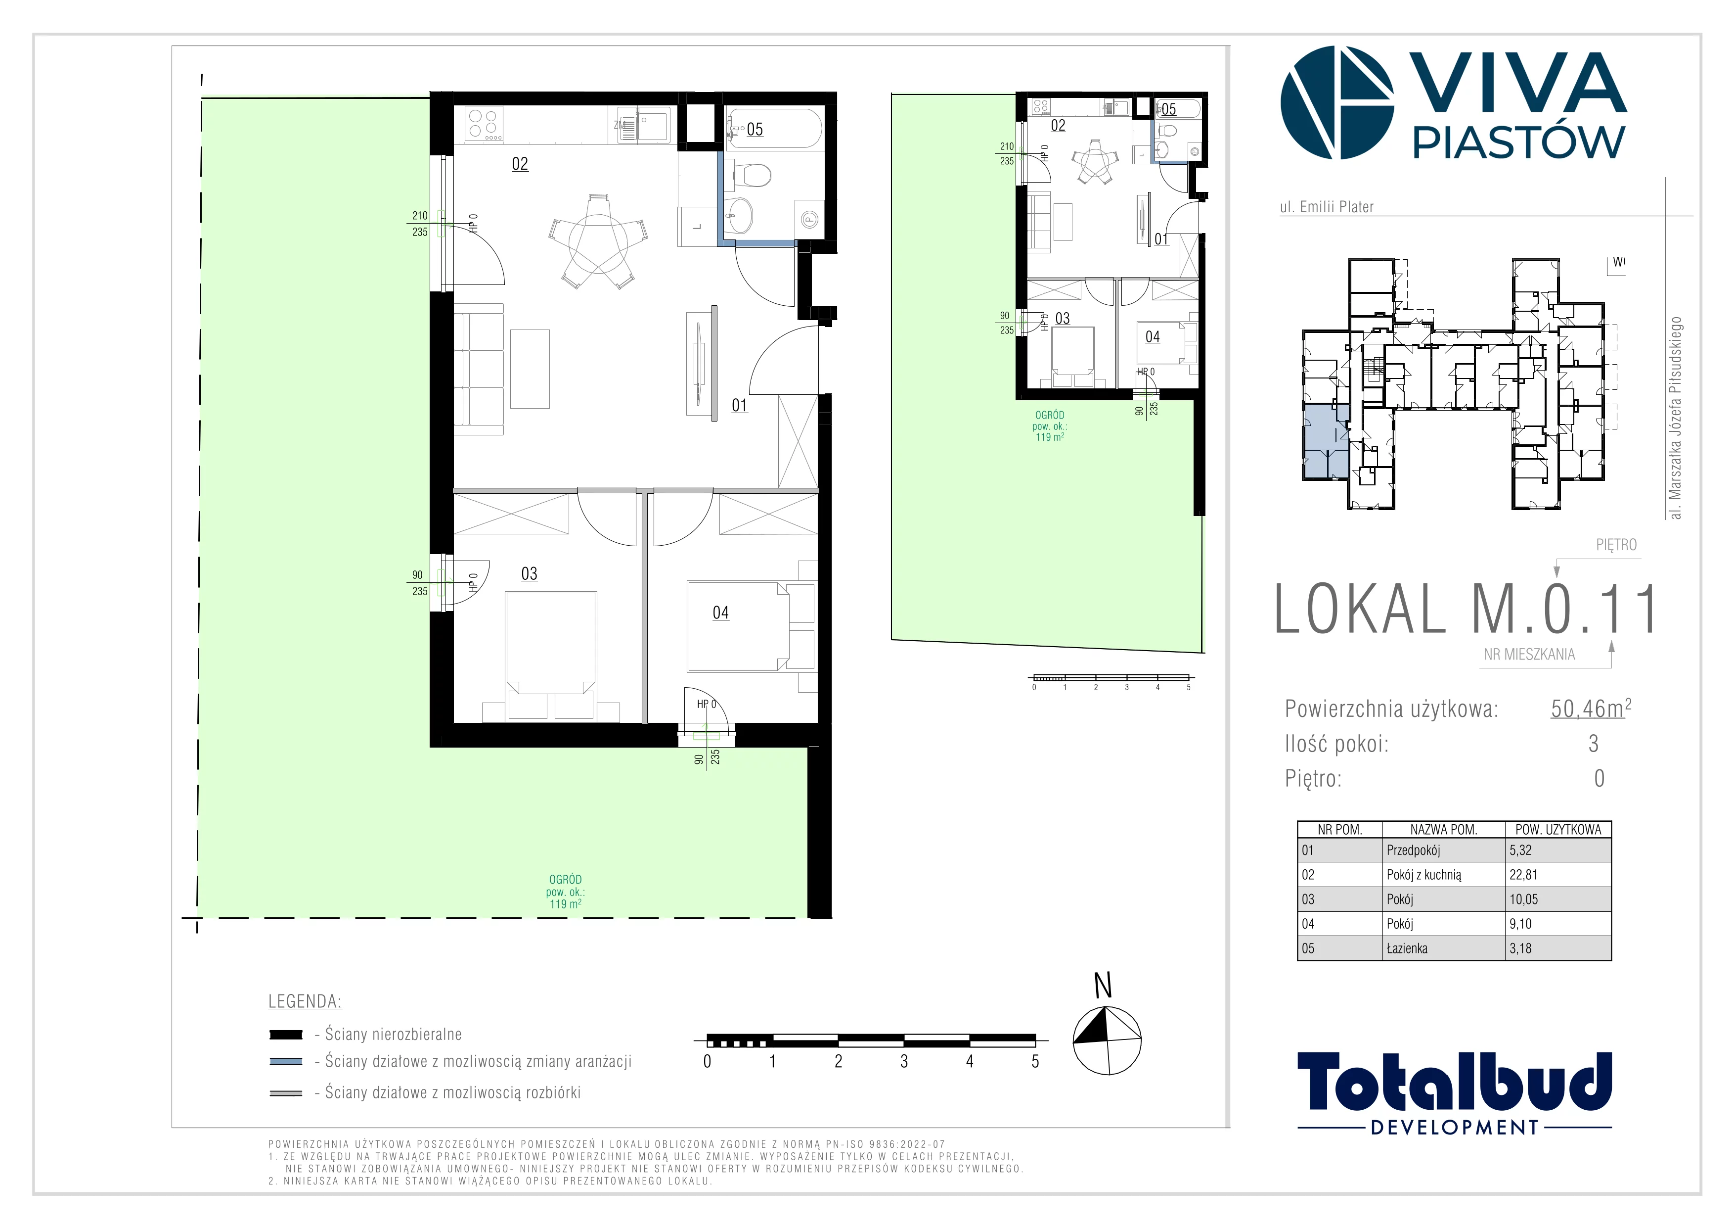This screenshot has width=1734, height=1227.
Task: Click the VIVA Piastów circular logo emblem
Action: click(1337, 103)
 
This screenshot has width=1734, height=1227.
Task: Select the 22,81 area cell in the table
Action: click(1523, 875)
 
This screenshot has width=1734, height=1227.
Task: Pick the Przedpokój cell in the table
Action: click(1413, 850)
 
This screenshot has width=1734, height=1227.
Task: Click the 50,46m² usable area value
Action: click(1591, 708)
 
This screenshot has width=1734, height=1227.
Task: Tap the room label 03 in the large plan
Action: click(530, 573)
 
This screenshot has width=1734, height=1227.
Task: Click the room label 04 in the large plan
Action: click(720, 613)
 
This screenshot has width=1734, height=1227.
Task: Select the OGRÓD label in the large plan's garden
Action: click(566, 880)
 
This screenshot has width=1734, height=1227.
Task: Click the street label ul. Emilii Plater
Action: click(1326, 207)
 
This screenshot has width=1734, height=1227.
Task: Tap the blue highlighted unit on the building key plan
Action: click(1326, 442)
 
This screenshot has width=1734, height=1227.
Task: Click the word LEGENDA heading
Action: click(305, 1002)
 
